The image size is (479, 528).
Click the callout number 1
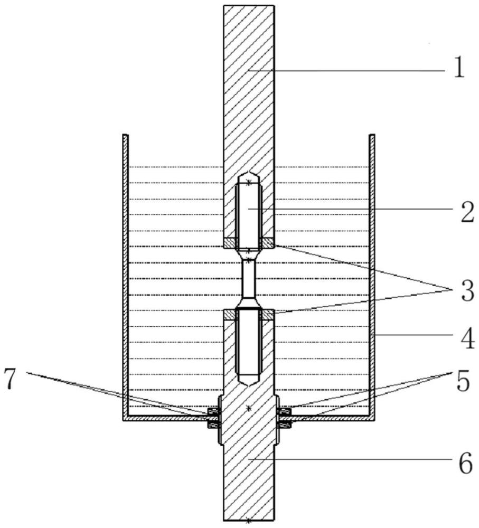point(459,69)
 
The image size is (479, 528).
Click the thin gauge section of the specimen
point(248,279)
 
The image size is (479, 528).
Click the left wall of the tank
point(126,275)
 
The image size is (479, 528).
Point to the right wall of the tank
point(372,275)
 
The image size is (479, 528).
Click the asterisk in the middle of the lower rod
point(248,409)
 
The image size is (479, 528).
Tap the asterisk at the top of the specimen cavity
point(248,182)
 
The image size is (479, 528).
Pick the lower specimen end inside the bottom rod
point(248,343)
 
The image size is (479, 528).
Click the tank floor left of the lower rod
point(169,418)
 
